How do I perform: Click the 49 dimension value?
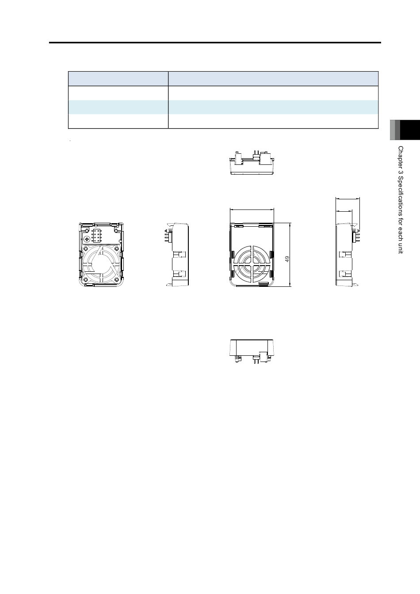287,259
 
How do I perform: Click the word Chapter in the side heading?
401,156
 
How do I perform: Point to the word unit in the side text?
401,248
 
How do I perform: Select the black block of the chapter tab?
410,130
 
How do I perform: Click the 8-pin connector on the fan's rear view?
96,236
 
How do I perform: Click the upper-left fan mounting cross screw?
86,249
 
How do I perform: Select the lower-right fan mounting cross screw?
117,279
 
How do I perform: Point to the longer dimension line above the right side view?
347,198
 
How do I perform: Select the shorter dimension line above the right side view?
344,211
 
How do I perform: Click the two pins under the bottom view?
256,361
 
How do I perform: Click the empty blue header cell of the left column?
118,79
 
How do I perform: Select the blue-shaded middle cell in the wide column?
273,107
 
